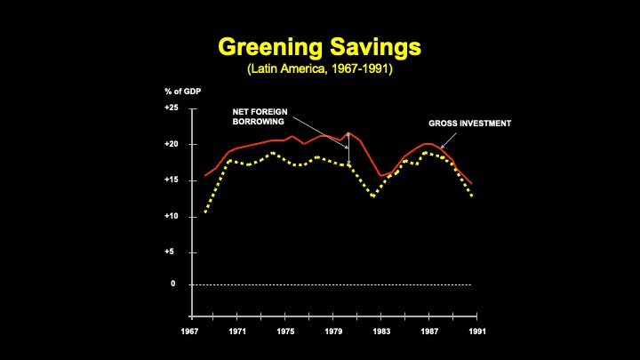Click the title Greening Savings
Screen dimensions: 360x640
[319, 46]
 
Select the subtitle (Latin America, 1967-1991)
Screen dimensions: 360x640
[319, 68]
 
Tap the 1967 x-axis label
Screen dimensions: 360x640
[190, 332]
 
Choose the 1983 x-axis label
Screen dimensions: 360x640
[382, 332]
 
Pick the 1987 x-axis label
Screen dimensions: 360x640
[430, 332]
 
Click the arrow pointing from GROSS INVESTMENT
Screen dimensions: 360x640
[448, 140]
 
